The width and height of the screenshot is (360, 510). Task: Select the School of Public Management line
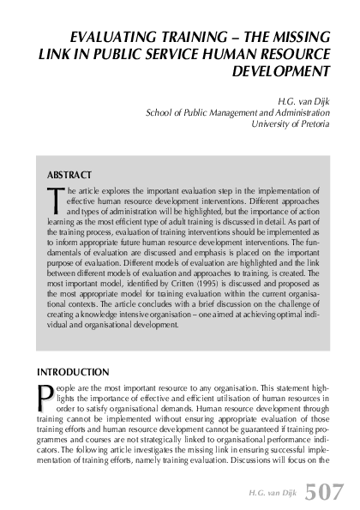[x=238, y=111]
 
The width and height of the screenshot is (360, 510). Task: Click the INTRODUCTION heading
[x=73, y=373]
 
